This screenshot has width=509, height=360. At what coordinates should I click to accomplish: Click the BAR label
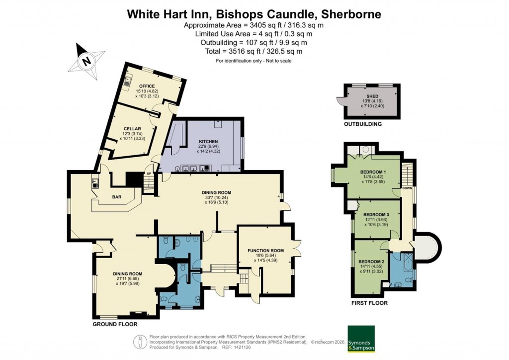117,197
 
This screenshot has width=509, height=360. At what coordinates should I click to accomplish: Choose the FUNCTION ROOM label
265,251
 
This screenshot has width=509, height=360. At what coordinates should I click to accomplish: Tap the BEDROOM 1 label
373,173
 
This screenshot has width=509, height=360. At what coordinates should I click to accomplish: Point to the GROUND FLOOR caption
115,324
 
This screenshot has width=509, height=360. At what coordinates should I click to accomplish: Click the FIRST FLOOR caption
369,303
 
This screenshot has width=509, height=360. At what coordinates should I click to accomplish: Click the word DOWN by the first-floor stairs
407,188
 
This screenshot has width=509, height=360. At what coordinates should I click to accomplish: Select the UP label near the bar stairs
149,174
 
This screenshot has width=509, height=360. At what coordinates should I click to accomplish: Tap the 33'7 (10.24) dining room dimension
216,198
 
